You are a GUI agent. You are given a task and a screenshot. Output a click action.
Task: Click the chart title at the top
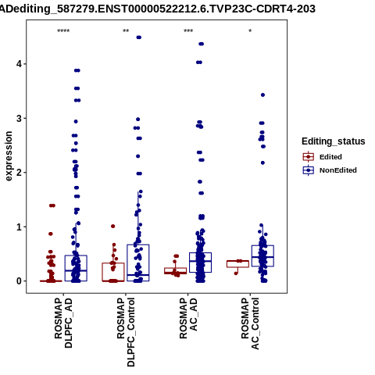(x=157, y=9)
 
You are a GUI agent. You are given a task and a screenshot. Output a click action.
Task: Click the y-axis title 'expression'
(x=9, y=156)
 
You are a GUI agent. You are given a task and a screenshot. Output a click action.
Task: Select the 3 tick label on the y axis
(x=20, y=118)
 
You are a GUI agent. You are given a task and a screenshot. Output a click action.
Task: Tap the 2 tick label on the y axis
(x=20, y=173)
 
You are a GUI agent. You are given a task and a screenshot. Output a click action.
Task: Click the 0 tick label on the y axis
(x=20, y=281)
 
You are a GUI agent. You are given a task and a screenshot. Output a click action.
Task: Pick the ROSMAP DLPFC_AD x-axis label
(x=63, y=323)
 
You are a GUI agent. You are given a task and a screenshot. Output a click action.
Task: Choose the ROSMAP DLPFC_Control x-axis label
(x=126, y=332)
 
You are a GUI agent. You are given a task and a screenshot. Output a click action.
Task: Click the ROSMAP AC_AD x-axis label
(x=188, y=318)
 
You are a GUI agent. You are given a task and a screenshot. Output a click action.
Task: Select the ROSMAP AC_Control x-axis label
(x=250, y=323)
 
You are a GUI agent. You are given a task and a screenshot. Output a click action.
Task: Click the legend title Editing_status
(x=334, y=141)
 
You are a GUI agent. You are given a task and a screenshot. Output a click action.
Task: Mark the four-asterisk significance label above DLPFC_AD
(x=63, y=31)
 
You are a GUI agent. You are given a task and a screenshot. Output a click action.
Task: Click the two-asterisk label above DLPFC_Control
(x=126, y=31)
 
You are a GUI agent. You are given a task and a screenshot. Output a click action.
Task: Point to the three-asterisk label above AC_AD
(x=188, y=31)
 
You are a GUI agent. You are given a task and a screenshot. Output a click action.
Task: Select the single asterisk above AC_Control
(x=250, y=31)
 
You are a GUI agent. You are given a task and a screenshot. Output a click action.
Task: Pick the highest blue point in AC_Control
(x=262, y=95)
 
